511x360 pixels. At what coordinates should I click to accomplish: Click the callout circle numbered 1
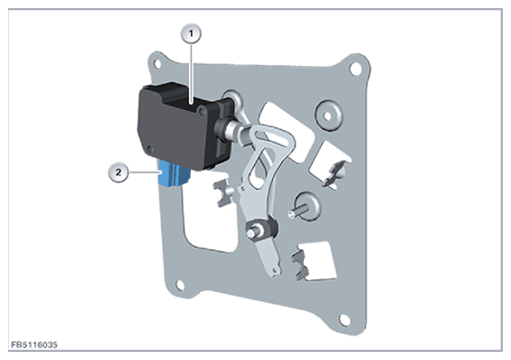[191, 33]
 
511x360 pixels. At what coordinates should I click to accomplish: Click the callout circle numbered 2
[118, 172]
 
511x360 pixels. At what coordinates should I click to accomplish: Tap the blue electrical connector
[174, 175]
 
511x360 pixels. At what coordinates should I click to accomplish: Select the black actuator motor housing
[183, 126]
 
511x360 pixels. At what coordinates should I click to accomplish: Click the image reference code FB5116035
[33, 345]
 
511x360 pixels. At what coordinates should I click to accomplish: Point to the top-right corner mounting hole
[355, 69]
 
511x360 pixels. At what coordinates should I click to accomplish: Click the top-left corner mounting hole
[157, 63]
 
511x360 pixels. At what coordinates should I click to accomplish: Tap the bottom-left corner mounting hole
[180, 285]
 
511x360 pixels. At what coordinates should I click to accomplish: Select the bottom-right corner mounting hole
[345, 320]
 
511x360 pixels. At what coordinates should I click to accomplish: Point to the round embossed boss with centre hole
[328, 116]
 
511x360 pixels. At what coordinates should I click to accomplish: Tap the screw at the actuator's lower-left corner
[149, 149]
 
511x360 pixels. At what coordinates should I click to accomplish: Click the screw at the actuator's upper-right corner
[202, 111]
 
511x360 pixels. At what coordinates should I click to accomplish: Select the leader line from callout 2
[144, 172]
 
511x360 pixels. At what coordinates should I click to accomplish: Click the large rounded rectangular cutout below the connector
[209, 218]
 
